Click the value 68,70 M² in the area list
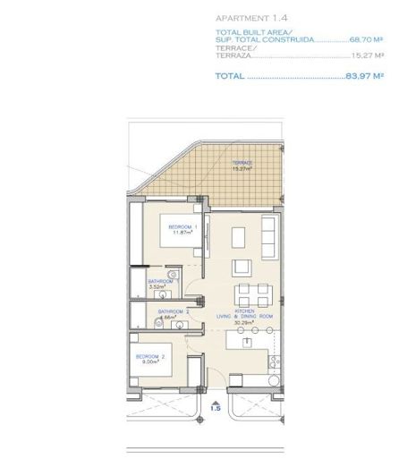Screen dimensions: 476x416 pyautogui.click(x=366, y=40)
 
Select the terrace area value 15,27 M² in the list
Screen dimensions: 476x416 pyautogui.click(x=367, y=55)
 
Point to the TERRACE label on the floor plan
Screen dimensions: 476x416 pyautogui.click(x=242, y=162)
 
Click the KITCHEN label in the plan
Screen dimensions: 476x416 pyautogui.click(x=246, y=310)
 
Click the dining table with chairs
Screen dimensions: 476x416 pyautogui.click(x=250, y=294)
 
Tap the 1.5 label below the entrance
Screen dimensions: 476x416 pyautogui.click(x=216, y=407)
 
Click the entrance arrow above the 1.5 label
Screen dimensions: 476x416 pyautogui.click(x=216, y=396)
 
